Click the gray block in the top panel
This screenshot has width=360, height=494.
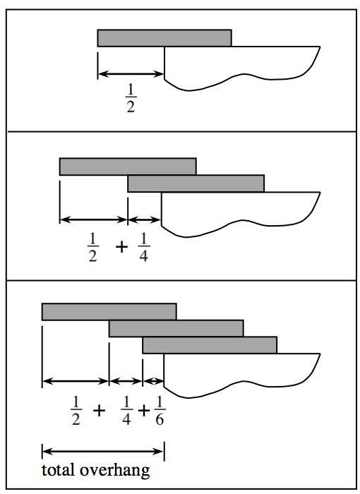point(164,38)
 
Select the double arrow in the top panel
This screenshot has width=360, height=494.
point(131,73)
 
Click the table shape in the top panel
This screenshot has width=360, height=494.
point(240,67)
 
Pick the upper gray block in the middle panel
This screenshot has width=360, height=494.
point(128,167)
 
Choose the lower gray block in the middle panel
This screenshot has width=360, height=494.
point(196,183)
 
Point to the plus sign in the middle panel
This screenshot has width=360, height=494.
point(119,247)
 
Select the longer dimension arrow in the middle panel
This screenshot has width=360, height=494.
point(94,219)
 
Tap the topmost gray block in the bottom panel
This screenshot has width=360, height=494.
point(109,311)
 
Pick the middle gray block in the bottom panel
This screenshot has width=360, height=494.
point(176,328)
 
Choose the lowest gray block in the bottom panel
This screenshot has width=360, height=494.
point(210,345)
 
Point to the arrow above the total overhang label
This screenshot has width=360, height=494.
point(103,450)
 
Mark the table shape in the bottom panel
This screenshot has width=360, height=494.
point(240,370)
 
